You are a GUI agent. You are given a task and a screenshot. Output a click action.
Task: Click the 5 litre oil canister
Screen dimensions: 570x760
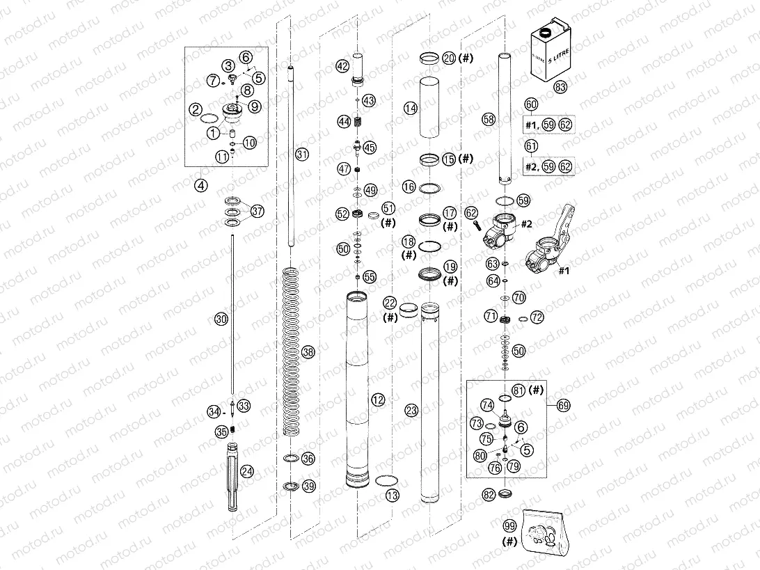point(549,48)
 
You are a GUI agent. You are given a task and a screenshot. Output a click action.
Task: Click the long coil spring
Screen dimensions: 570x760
point(290,351)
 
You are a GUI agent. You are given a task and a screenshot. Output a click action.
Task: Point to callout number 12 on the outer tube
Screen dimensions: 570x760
point(377,399)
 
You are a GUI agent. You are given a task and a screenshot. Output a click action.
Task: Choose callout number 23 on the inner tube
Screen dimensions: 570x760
point(411,411)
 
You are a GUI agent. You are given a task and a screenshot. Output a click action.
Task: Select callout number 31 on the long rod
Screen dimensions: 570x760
point(301,153)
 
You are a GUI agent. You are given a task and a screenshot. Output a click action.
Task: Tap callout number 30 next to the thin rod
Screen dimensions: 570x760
point(221,319)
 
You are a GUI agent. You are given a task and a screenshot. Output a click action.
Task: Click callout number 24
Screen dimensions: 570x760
point(246,471)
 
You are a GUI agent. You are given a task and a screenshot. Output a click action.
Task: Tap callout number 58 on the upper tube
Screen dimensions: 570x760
point(489,120)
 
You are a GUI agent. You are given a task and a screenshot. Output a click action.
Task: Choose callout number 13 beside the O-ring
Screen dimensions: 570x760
point(393,495)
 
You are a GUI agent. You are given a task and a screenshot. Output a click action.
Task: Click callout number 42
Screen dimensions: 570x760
point(342,67)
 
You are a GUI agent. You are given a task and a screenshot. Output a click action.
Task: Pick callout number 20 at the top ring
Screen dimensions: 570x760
point(448,57)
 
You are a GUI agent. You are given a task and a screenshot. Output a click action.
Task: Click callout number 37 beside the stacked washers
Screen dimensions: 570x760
point(257,211)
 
